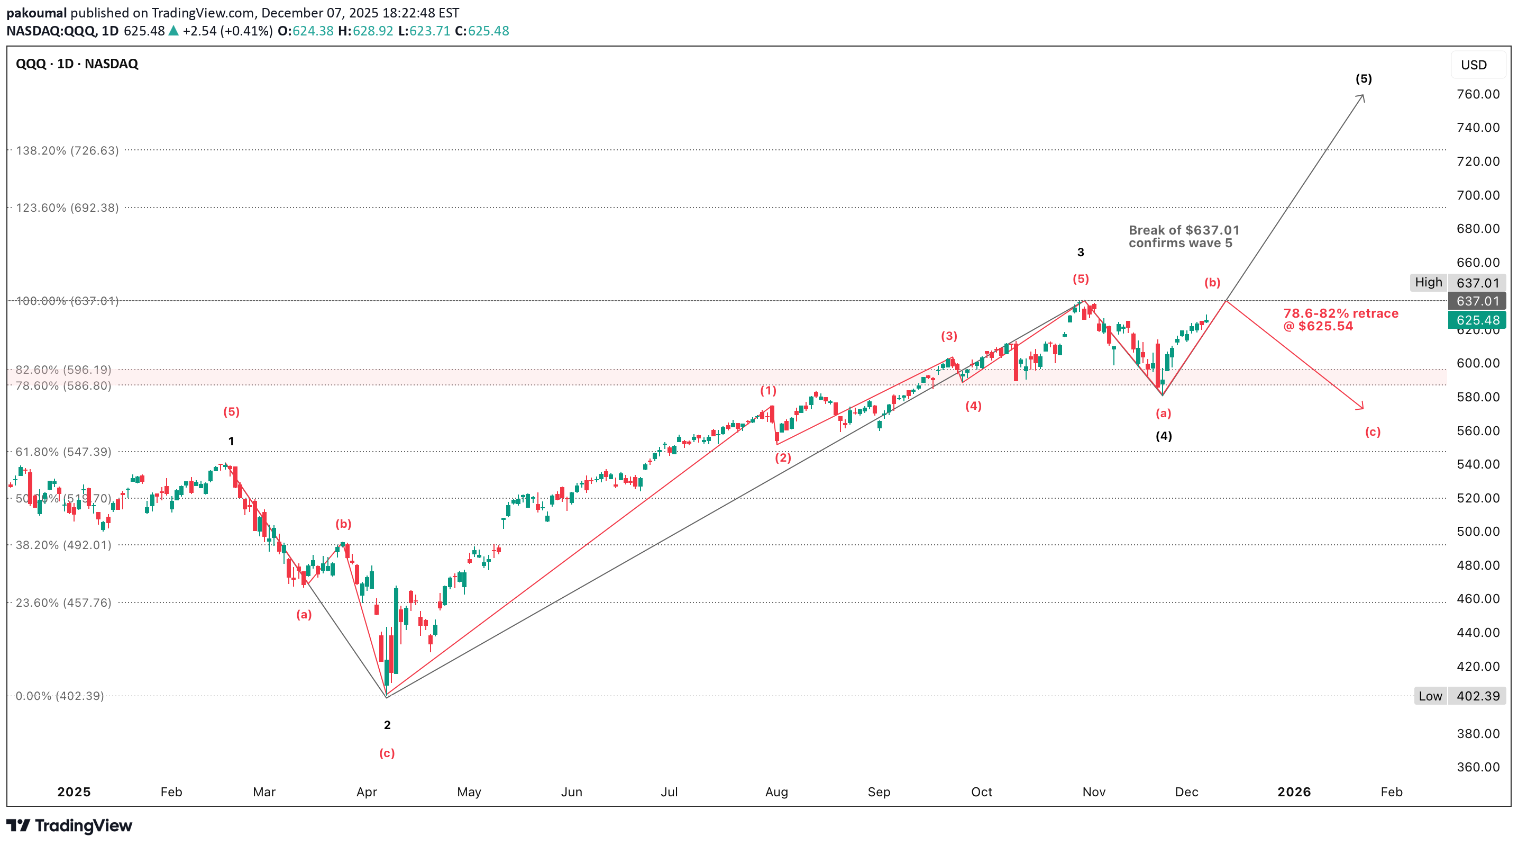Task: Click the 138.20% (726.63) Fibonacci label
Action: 67,150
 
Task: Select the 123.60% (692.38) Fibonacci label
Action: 67,208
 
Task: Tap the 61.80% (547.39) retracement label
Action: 63,452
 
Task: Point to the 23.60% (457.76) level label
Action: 63,603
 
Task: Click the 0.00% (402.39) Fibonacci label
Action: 60,696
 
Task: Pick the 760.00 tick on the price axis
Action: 1478,94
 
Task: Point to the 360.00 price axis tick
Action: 1478,767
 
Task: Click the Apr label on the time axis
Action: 367,792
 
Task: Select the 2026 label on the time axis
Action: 1294,792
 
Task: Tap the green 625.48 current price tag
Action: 1477,320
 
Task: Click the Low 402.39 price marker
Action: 1460,696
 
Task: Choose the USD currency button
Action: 1473,65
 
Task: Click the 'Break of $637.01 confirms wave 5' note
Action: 1183,237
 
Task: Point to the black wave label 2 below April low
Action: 387,725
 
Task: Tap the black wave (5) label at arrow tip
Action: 1364,79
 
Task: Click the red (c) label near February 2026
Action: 1373,432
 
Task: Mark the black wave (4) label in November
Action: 1163,436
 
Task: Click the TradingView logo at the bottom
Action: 69,825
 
